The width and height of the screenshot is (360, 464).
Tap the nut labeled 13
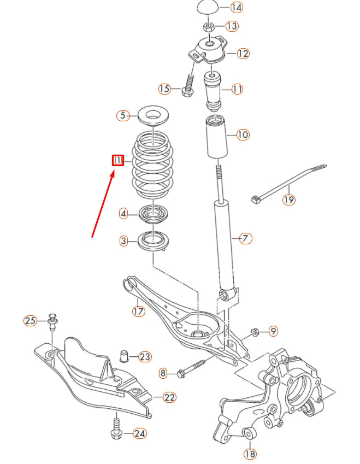(209, 26)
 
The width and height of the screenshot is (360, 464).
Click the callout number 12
(243, 54)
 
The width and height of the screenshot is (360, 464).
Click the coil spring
(154, 164)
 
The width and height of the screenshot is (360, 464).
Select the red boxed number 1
(118, 160)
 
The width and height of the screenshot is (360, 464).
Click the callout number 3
(124, 240)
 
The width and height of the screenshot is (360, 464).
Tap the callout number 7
(246, 238)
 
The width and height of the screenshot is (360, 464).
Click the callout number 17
(138, 312)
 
